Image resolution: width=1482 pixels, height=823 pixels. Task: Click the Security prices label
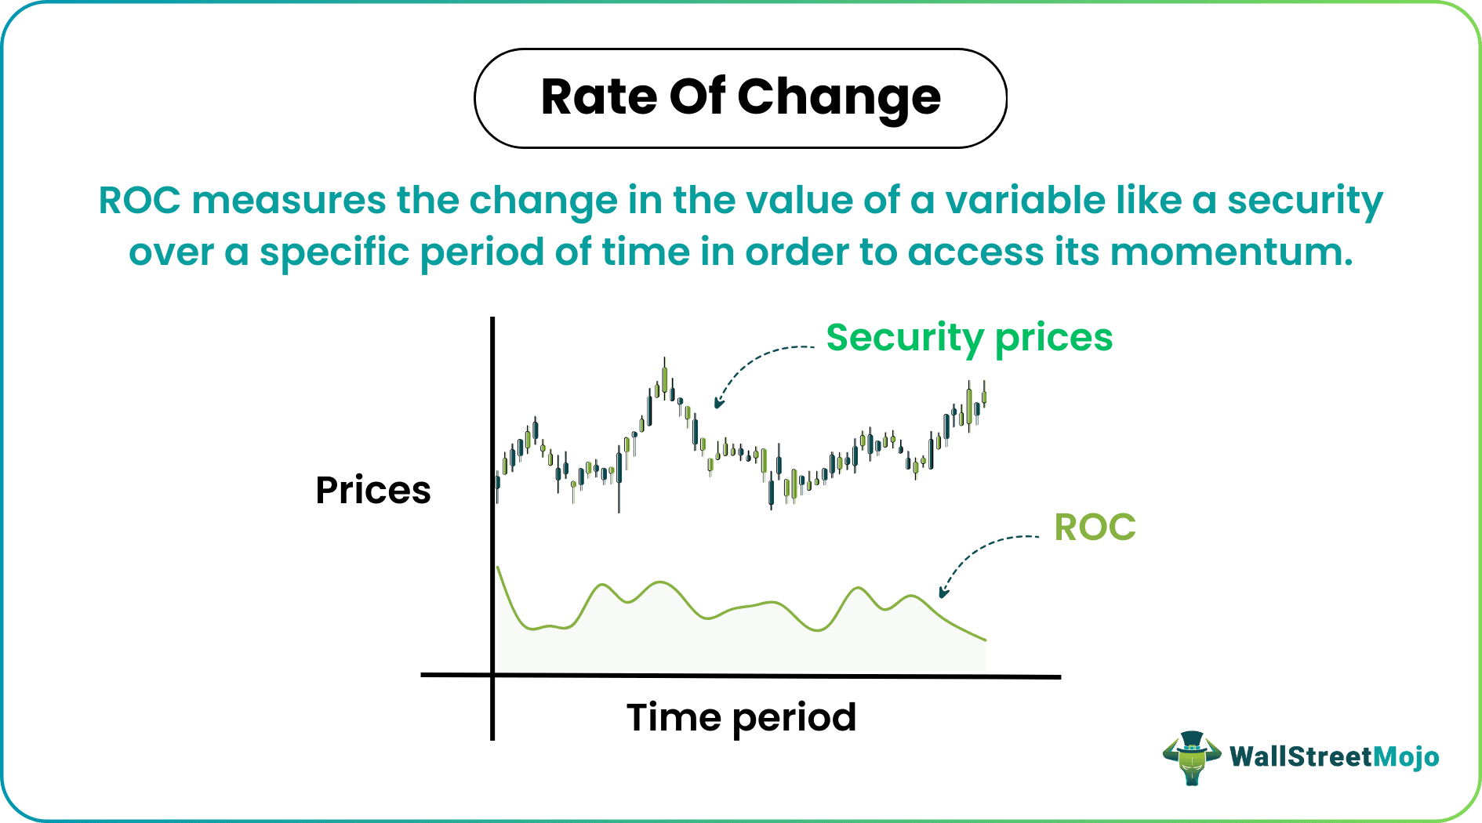point(969,338)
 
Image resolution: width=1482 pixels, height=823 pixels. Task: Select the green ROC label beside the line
point(1095,527)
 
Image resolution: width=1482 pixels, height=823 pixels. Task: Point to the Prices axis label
point(373,491)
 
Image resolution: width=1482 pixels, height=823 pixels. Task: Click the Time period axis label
point(741,717)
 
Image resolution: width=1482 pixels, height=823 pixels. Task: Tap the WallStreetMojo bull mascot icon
point(1191,757)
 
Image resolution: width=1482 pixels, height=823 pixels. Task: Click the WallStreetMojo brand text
point(1334,756)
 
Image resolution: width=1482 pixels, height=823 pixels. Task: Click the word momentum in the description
point(1231,252)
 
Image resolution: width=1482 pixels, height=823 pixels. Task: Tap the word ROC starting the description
point(140,201)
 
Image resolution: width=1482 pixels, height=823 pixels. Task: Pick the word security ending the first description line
point(1305,201)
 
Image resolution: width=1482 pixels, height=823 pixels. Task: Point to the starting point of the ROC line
point(499,567)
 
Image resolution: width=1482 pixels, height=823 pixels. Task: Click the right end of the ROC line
point(984,640)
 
